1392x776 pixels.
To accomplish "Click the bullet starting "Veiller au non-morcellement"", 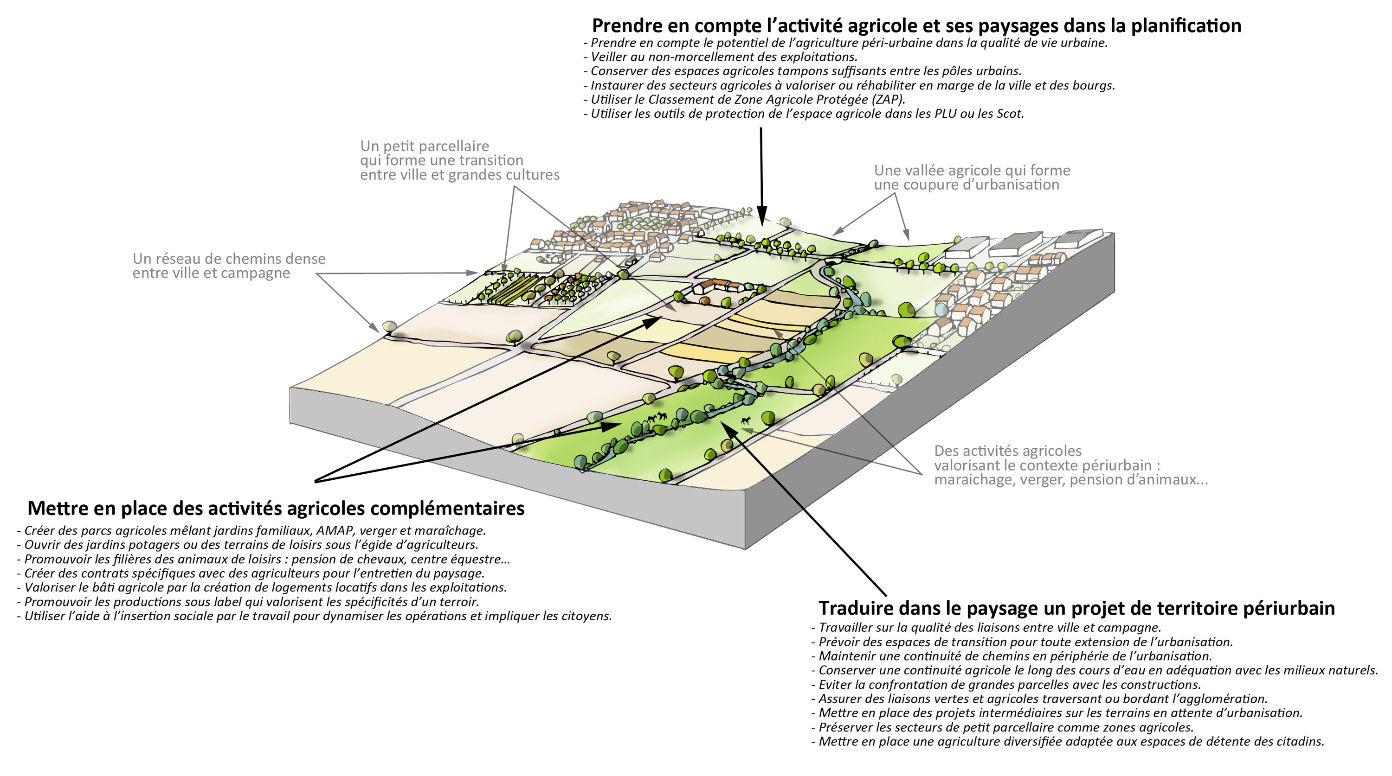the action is (x=721, y=57).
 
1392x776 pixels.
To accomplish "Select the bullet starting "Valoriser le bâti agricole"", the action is (x=262, y=587).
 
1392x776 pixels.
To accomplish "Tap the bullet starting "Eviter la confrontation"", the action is (x=1006, y=684).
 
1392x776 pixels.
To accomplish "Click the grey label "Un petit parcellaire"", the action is (x=425, y=146).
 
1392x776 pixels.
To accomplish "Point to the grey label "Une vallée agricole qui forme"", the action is (x=972, y=170).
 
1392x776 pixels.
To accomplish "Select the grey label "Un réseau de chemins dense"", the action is (x=229, y=259).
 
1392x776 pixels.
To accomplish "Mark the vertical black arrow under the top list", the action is (x=761, y=176).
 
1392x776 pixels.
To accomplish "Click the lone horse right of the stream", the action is (x=746, y=420).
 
